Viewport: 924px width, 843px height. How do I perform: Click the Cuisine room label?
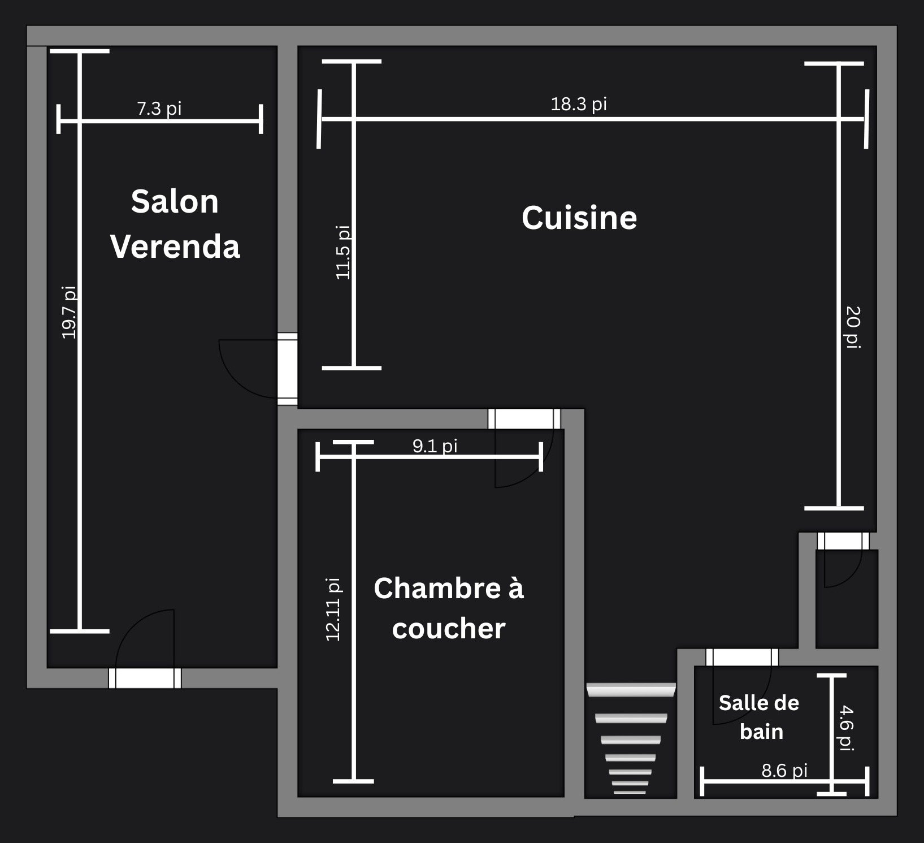[x=579, y=218]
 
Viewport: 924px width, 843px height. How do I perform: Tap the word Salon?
[x=175, y=201]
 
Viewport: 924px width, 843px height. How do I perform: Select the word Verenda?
[x=175, y=247]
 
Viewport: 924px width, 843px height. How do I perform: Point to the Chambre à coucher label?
[x=449, y=608]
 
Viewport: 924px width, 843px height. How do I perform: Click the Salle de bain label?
[x=759, y=717]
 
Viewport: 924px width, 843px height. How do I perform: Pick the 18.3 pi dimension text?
[x=579, y=104]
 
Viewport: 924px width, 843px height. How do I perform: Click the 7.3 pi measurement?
[x=159, y=108]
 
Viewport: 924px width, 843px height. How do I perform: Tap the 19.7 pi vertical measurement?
[x=69, y=312]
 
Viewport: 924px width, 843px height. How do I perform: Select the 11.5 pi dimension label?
[x=343, y=252]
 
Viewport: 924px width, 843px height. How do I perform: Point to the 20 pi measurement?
[x=853, y=327]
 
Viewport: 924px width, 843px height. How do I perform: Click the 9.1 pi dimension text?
[x=435, y=446]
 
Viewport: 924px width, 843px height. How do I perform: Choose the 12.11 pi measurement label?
[x=333, y=609]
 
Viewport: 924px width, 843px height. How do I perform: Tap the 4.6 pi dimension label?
[x=846, y=728]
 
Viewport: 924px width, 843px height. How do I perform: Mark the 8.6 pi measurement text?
[x=784, y=771]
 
